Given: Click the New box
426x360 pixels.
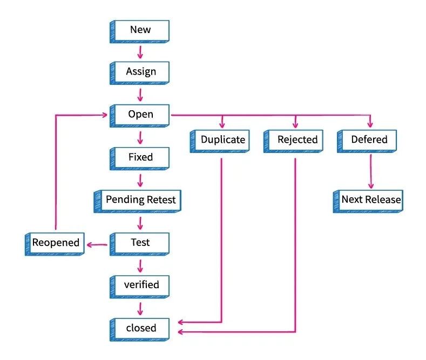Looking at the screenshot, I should click(x=140, y=30).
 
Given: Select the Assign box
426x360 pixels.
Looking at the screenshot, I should click(x=140, y=72).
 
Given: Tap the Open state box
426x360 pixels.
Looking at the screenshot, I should click(x=140, y=115).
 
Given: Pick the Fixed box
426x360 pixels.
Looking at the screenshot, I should click(x=140, y=157).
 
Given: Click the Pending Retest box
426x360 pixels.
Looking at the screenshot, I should click(x=140, y=200).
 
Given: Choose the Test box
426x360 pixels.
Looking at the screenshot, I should click(x=140, y=243).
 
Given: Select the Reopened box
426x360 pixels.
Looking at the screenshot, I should click(x=55, y=243).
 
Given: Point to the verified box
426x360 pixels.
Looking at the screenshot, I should click(x=140, y=285).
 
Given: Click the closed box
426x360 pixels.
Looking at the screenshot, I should click(x=140, y=328).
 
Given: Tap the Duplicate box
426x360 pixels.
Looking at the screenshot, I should click(x=222, y=139).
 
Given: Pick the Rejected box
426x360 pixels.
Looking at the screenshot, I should click(x=296, y=139).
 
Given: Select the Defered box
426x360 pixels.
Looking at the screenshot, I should click(x=369, y=139).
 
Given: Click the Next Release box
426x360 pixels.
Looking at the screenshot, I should click(x=370, y=199).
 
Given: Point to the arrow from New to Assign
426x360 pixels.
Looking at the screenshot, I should click(x=140, y=52).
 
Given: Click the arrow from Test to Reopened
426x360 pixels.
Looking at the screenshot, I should click(x=97, y=245).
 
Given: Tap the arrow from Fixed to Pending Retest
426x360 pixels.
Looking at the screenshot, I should click(x=140, y=179).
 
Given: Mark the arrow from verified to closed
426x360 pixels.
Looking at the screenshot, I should click(x=140, y=308).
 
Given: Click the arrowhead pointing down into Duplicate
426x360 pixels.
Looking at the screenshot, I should click(x=222, y=124).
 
